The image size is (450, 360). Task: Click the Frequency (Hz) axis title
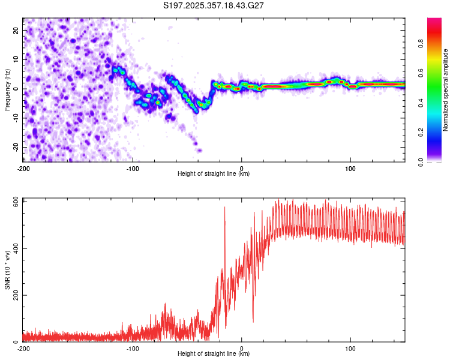[x=7, y=89]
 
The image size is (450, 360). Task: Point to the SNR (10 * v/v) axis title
[x=7, y=270]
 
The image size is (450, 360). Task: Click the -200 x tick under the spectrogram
[x=23, y=169]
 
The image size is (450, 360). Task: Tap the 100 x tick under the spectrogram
[x=350, y=169]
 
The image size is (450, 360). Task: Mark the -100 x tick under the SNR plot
[x=133, y=348]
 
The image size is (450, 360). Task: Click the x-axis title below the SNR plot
[x=214, y=355]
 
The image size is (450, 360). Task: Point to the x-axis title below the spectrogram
[x=214, y=174]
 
